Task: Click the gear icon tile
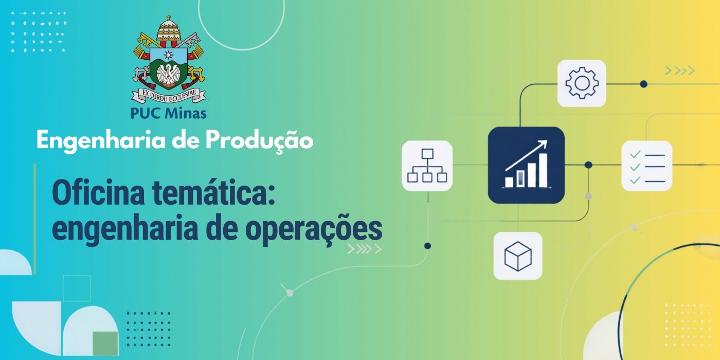click(582, 83)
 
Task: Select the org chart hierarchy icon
click(427, 166)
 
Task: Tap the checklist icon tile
click(647, 166)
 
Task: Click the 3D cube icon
click(518, 256)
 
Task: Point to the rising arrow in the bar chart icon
click(526, 155)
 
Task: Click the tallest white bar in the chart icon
click(543, 170)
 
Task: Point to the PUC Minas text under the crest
click(169, 113)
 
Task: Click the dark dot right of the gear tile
click(643, 84)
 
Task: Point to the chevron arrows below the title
click(365, 249)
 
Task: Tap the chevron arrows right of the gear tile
click(680, 70)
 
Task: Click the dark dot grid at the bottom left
click(149, 329)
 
